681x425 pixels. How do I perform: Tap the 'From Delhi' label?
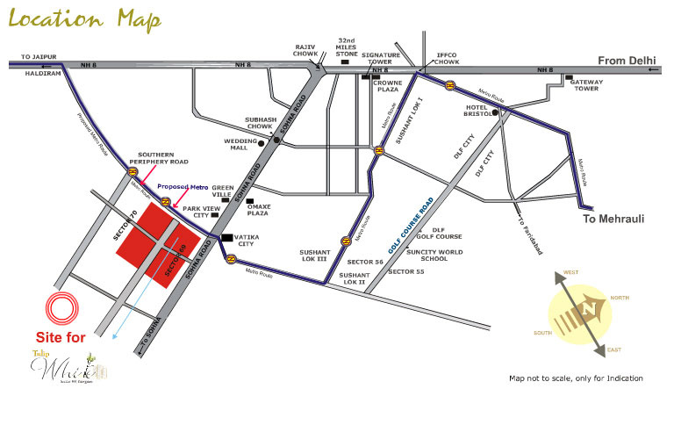coord(627,60)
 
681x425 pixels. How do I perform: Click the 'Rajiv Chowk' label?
coord(305,49)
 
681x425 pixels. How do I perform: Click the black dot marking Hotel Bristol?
coord(496,112)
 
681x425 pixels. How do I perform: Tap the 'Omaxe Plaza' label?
coord(257,209)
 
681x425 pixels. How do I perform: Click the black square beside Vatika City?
coord(227,237)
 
